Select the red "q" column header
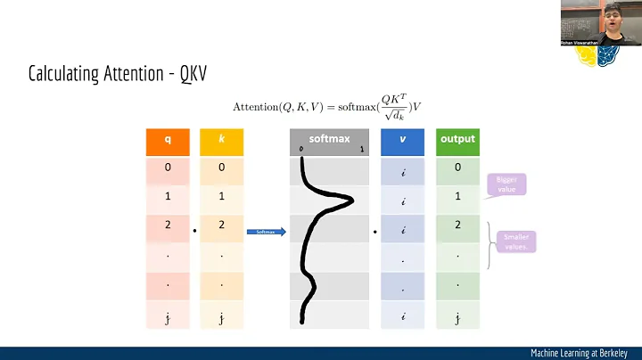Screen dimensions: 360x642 167,140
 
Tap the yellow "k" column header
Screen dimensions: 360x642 221,140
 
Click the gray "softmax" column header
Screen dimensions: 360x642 329,140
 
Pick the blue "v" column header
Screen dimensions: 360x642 402,140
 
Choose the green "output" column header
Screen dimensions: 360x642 457,140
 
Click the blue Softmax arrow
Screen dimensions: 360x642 267,233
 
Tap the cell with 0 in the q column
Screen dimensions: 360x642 167,167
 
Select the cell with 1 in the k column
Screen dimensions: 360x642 221,195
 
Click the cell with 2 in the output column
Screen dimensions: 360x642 457,225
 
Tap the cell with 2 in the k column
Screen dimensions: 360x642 221,225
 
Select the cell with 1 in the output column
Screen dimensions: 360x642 457,195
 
